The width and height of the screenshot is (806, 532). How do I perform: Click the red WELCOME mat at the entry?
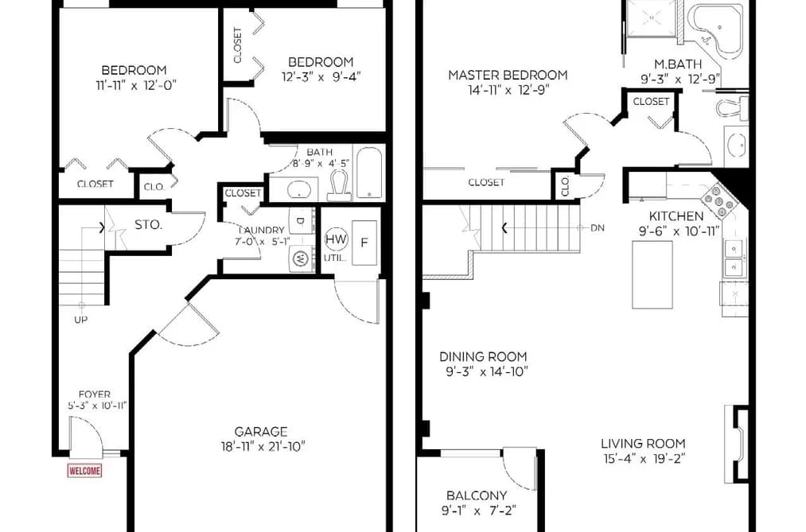point(84,471)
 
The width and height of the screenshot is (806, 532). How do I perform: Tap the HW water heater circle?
point(337,239)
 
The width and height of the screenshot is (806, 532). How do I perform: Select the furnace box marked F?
point(364,243)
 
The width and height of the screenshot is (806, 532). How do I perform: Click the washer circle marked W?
point(300,258)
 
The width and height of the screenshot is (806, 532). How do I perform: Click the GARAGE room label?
point(261,432)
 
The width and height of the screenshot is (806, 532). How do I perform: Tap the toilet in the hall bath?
point(339,184)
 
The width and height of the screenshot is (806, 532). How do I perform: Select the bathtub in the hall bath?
point(369,173)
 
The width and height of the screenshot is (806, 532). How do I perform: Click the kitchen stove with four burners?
point(719,200)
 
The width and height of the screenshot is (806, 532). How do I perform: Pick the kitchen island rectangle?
point(652,274)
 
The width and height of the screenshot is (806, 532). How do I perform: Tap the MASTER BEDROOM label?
point(508,75)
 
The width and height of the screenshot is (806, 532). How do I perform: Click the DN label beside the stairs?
point(598,227)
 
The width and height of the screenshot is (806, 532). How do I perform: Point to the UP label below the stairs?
point(80,320)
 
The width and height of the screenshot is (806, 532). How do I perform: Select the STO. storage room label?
point(149,224)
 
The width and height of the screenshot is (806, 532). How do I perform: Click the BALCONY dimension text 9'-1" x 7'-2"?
point(478,511)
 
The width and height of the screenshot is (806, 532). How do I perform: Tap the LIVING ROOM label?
point(643,444)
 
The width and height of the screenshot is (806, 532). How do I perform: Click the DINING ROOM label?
point(483,356)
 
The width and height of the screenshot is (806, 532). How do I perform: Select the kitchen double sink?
point(734,258)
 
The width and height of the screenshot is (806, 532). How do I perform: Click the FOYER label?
point(95,394)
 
